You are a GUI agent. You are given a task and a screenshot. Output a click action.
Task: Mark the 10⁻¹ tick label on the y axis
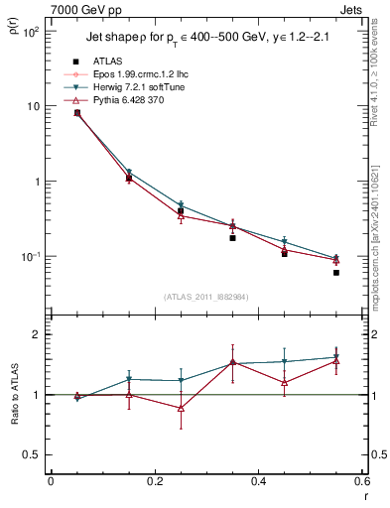30,257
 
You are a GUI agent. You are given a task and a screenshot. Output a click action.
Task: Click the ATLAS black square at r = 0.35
232,238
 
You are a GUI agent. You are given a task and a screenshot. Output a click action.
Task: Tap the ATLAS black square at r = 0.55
336,273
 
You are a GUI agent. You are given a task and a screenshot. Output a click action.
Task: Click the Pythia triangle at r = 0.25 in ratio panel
181,408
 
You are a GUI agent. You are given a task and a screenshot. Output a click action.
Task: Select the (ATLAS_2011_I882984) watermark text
206,296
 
